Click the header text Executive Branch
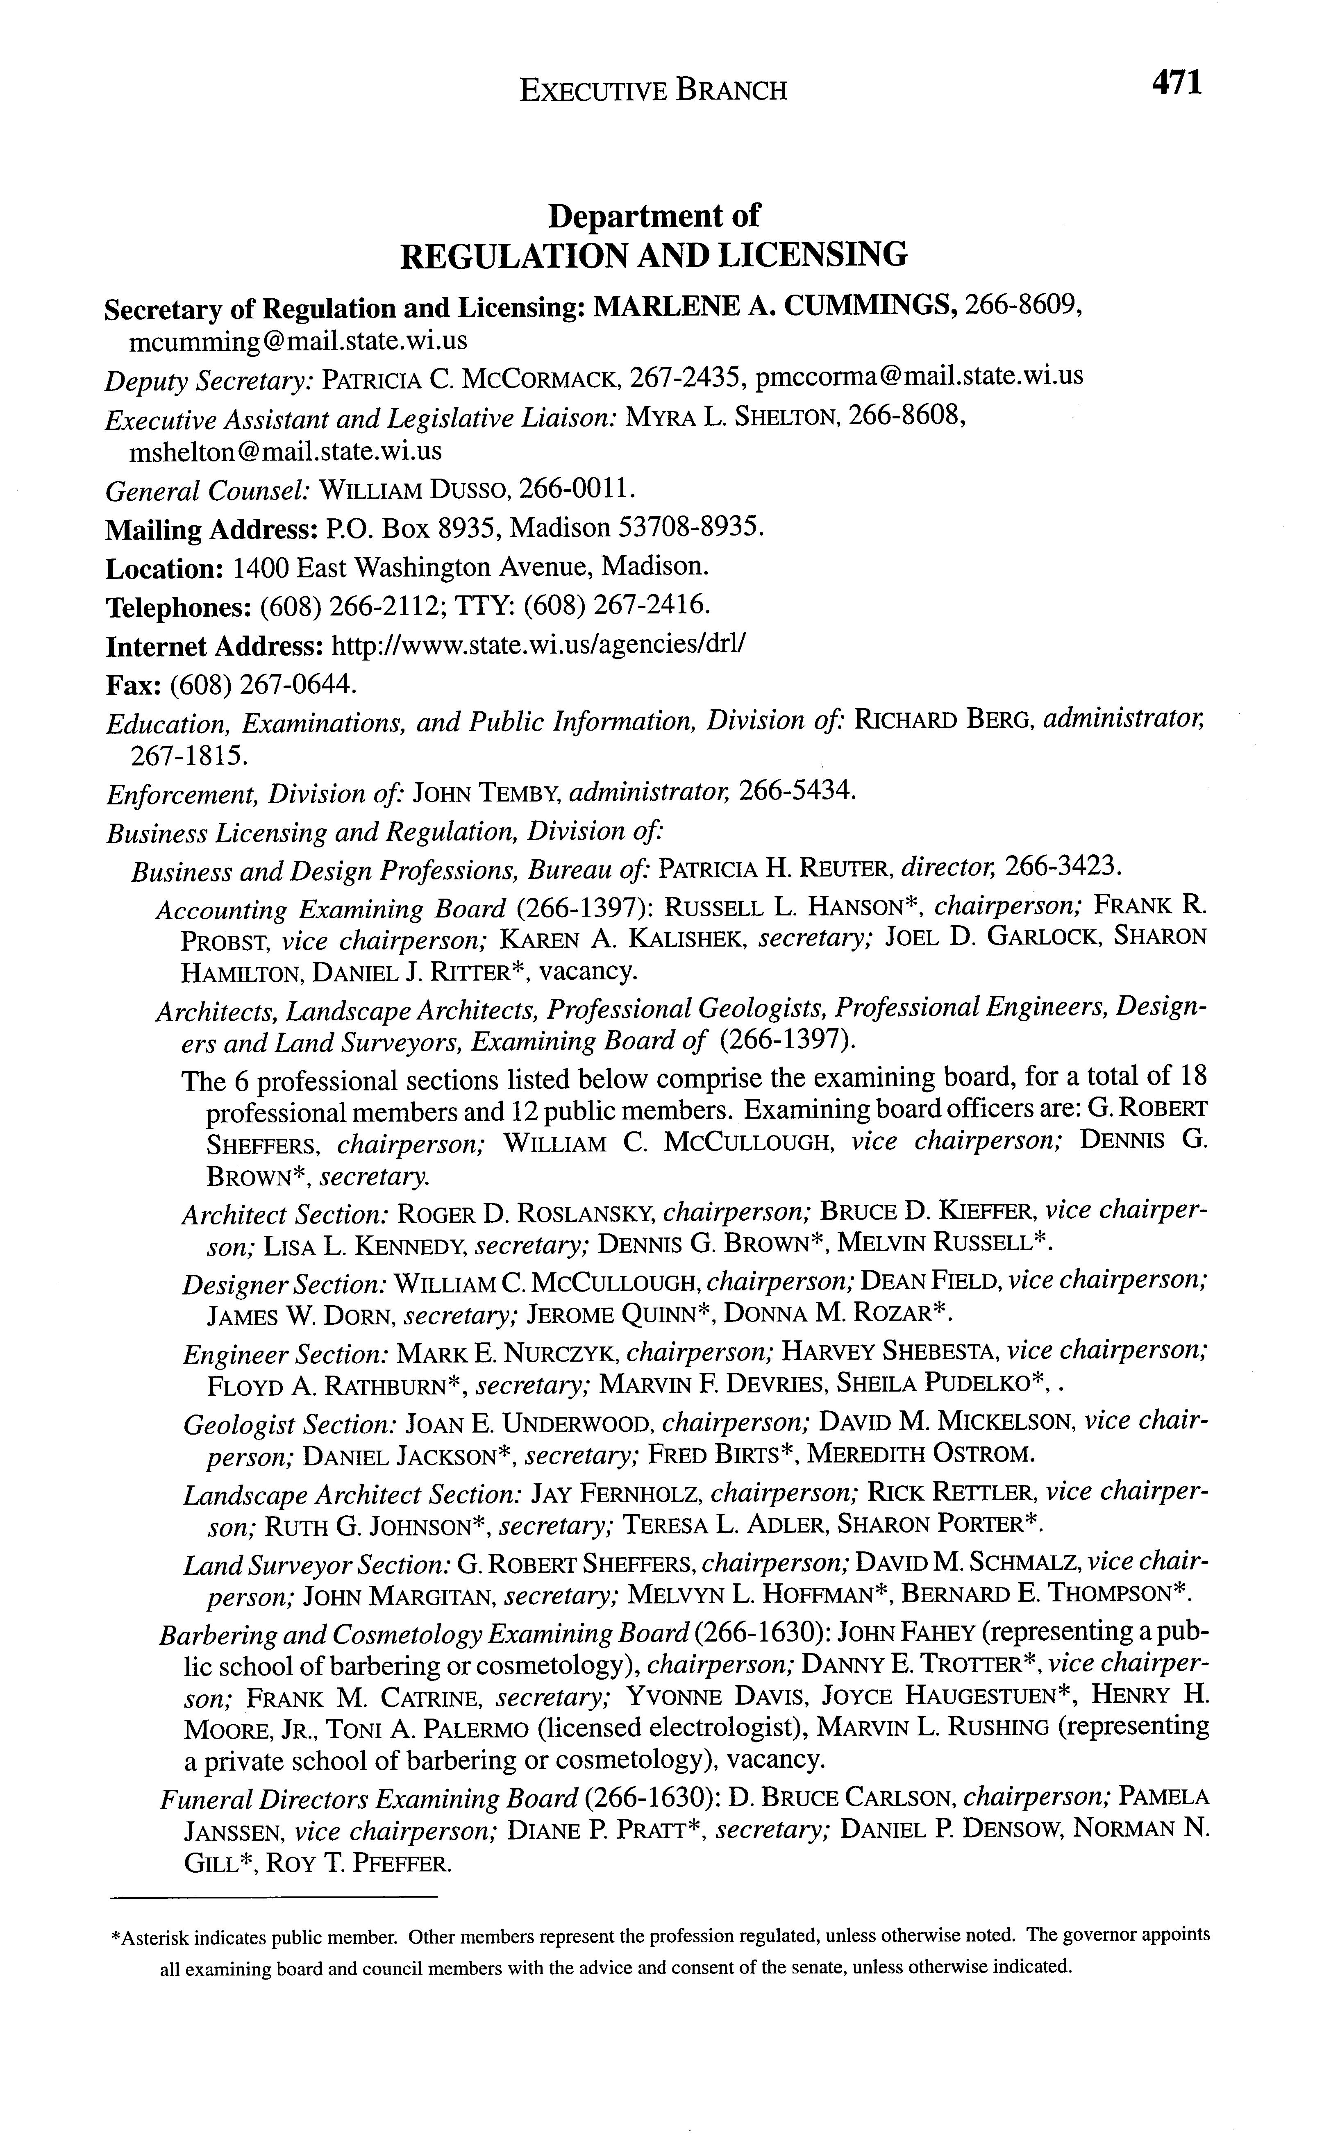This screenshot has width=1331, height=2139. pos(653,90)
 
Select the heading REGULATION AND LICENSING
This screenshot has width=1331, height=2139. pos(653,255)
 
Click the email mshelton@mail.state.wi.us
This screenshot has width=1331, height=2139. pos(285,452)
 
